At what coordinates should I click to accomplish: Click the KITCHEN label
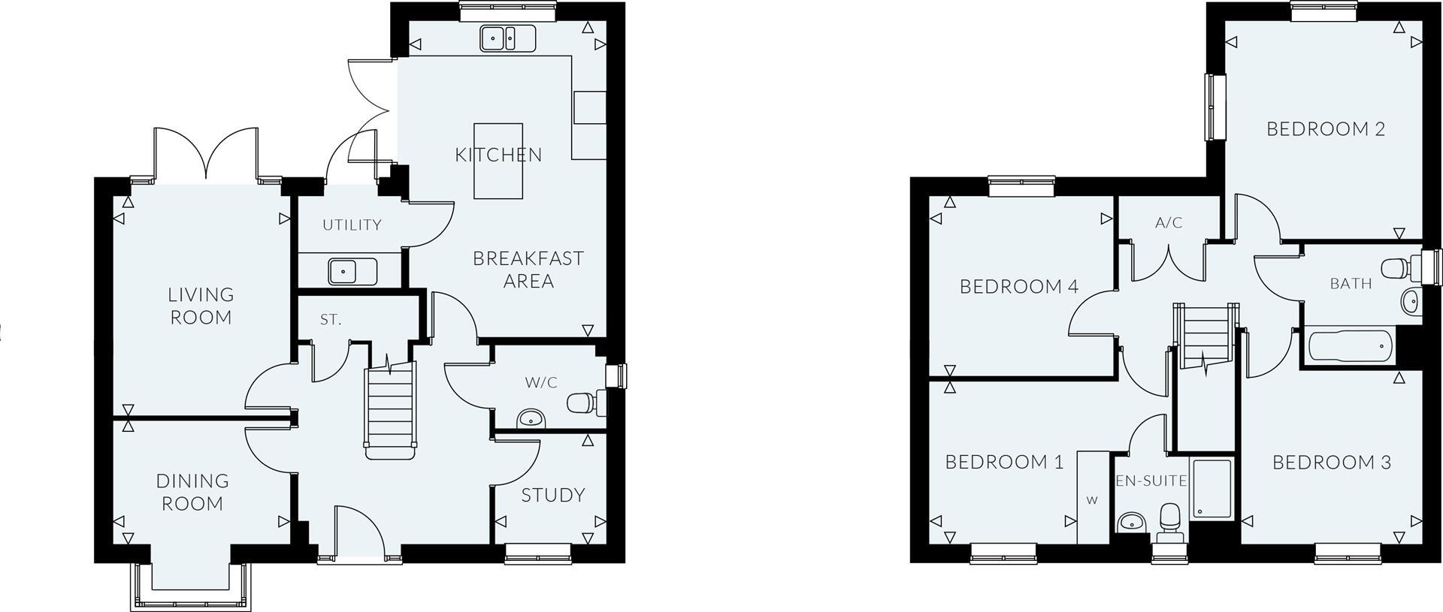click(498, 155)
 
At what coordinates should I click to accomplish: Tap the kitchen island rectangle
click(498, 161)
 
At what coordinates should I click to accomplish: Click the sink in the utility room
click(352, 271)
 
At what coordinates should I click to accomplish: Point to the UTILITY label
click(352, 225)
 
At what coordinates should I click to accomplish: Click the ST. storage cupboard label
click(331, 320)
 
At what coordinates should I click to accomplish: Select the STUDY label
click(553, 495)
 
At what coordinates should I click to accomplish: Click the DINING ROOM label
click(192, 492)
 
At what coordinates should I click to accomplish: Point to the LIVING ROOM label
click(201, 306)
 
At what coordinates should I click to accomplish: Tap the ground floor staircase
click(390, 409)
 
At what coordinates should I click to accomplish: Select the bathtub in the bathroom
click(1349, 347)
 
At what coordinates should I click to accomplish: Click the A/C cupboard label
click(1169, 223)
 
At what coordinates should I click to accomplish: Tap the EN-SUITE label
click(1151, 481)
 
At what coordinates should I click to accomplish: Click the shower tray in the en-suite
click(1212, 488)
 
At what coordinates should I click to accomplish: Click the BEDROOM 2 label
click(1326, 129)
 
